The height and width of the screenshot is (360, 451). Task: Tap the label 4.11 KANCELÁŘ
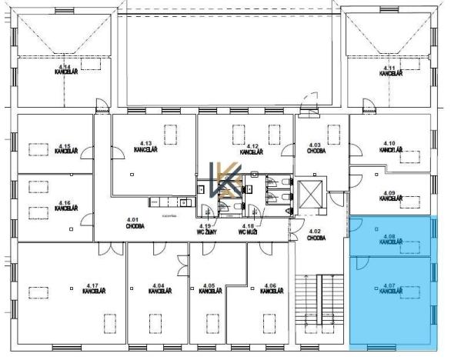390,71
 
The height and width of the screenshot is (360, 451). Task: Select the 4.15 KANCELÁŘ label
66,148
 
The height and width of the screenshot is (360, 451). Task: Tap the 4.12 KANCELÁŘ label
251,149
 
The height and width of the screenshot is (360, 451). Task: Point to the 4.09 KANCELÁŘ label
390,195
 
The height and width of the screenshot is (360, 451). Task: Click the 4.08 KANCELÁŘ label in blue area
390,238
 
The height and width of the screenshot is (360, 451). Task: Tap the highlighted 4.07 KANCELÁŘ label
390,288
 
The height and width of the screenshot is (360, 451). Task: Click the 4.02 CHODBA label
315,235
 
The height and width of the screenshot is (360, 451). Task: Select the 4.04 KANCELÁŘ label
159,288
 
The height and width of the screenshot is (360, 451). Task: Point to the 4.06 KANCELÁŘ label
268,288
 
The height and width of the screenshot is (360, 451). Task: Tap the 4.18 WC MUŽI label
246,228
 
